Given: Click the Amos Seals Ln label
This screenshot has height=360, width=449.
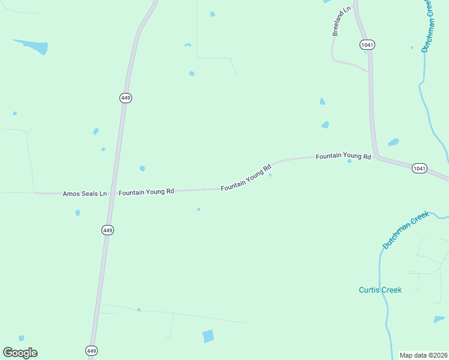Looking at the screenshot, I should (x=85, y=194).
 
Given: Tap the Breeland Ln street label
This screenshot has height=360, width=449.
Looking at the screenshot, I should (x=341, y=22).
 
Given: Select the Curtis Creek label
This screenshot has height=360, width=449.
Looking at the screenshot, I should (x=380, y=290).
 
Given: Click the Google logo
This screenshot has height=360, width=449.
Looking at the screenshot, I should (x=20, y=353).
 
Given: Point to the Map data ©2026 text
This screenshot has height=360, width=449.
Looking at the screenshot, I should (x=424, y=355).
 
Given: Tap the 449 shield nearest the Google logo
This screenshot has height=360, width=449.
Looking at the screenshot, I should (x=91, y=350).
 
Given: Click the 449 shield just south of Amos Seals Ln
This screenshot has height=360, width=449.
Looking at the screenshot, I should (x=107, y=230).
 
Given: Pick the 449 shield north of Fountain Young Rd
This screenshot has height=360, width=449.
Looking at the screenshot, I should (x=125, y=98).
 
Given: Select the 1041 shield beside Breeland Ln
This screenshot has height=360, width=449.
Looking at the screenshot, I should (x=367, y=44).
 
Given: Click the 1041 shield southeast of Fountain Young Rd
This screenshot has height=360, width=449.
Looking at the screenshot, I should (x=420, y=169).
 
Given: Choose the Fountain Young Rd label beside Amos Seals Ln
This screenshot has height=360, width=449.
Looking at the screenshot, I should (x=146, y=192).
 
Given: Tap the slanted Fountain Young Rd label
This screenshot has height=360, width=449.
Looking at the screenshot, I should (x=246, y=178).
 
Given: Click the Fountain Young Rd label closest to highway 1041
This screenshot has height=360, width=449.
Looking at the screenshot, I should (x=343, y=156).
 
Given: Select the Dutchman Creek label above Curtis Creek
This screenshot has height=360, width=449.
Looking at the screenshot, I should (x=406, y=230).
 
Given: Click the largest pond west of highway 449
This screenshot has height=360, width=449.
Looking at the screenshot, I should (x=33, y=46).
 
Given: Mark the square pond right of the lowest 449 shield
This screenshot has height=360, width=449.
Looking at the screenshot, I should (x=208, y=336).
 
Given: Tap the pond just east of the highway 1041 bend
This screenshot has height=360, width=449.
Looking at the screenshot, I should (x=393, y=142).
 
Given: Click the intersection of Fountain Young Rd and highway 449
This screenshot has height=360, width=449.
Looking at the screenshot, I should (x=112, y=193).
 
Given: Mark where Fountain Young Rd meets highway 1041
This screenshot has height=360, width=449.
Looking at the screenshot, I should (x=377, y=157).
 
